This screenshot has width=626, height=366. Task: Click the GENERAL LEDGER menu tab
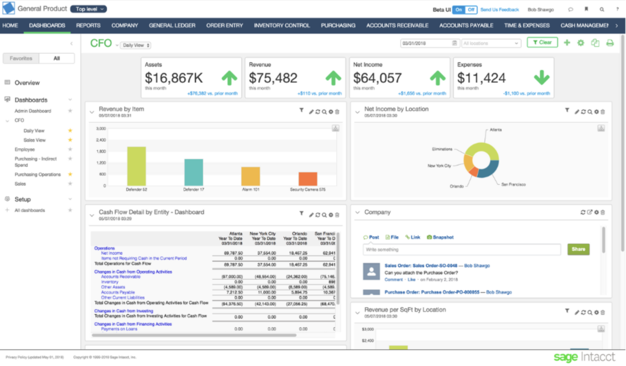[x=172, y=25]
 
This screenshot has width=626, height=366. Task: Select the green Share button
[x=578, y=249]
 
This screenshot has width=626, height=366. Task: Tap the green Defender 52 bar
[x=136, y=166]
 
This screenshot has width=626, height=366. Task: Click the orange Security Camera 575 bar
[x=308, y=179]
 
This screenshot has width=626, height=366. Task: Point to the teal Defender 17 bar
[x=194, y=172]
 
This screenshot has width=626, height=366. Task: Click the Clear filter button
[x=542, y=42]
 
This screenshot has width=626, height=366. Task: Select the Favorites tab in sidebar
[x=21, y=58]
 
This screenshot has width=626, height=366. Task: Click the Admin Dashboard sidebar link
[x=33, y=111]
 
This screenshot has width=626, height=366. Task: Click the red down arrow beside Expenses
[x=542, y=77]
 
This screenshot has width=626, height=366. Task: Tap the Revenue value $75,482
[x=273, y=78]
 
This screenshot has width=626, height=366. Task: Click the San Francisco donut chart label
[x=513, y=184]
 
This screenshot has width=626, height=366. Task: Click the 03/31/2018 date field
[x=426, y=43]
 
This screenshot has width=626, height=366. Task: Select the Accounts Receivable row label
[x=121, y=277]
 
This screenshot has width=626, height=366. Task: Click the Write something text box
[x=461, y=250]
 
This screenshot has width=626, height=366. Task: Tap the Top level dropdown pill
[x=88, y=9]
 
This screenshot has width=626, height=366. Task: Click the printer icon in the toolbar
[x=610, y=43]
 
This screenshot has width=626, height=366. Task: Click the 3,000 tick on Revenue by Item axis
[x=101, y=129]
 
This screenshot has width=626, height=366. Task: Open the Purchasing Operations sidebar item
[x=37, y=174]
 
